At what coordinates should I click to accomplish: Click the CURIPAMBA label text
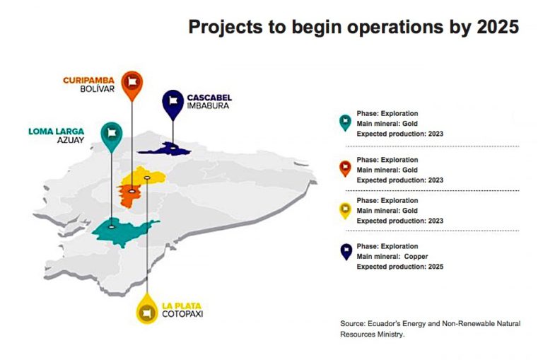click(89, 81)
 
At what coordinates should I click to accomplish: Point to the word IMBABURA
click(209, 107)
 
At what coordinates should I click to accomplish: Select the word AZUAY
click(70, 140)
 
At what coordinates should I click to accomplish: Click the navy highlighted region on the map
click(165, 149)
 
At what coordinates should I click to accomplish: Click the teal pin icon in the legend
click(345, 122)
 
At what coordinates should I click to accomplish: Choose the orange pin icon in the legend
click(345, 169)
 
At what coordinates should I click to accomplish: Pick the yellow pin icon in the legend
click(345, 210)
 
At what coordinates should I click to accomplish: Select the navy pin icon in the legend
click(345, 252)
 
